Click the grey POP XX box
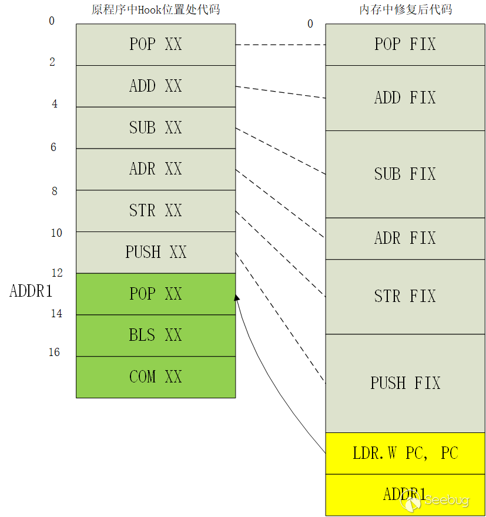(156, 44)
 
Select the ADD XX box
(156, 86)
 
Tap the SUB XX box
(156, 127)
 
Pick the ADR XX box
(156, 169)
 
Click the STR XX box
(156, 210)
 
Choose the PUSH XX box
(156, 252)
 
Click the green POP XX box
(156, 294)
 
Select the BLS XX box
(156, 335)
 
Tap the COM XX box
(156, 377)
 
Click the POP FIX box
(405, 44)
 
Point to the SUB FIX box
(405, 174)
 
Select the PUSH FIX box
(405, 383)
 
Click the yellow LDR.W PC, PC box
(405, 454)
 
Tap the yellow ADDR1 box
(405, 494)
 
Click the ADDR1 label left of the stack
(31, 291)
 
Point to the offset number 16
(54, 352)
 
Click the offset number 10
(56, 233)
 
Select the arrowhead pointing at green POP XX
(237, 298)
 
